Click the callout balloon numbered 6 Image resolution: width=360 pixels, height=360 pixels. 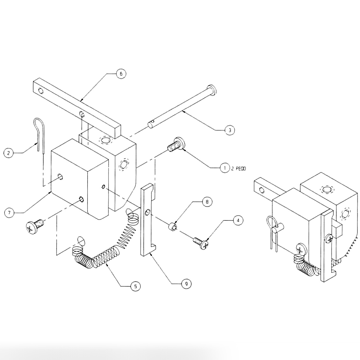121,74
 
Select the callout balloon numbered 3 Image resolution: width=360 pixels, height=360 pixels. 230,130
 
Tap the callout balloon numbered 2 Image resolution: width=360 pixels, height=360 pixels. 9,153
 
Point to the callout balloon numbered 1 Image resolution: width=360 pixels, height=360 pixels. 225,168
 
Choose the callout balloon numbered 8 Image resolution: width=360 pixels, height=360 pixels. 207,202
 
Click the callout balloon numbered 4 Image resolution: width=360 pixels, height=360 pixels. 238,220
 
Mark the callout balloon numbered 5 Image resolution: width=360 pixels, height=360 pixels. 135,286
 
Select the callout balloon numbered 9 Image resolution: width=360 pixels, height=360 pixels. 186,283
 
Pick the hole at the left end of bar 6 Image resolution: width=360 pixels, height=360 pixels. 40,91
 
